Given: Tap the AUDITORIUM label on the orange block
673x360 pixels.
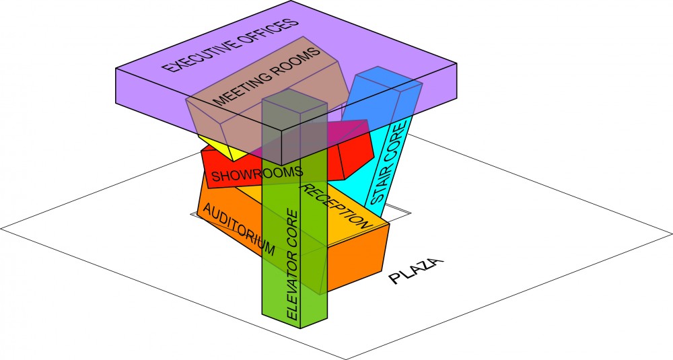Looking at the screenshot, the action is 238,229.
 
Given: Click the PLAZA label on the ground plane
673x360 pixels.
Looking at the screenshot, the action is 415,271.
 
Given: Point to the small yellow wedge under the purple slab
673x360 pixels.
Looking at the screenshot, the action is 220,147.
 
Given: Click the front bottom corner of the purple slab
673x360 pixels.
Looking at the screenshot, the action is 281,166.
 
